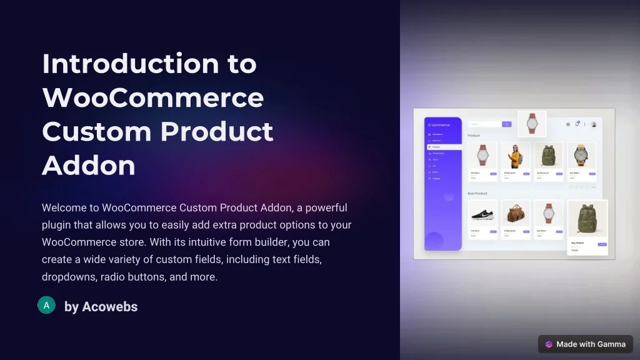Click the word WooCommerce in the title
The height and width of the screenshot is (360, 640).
coord(152,98)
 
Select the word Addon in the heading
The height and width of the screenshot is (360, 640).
coord(89,166)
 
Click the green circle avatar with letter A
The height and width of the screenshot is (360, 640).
coord(46,305)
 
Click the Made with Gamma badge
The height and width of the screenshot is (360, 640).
coord(585,344)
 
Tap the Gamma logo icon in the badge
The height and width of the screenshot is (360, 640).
coord(549,344)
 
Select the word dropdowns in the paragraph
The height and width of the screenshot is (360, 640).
coord(66,276)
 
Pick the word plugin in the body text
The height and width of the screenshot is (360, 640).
coord(57,225)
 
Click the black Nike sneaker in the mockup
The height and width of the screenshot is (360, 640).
coord(482,214)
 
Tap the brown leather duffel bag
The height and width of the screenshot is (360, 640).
coord(516,214)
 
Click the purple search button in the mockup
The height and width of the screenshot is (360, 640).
coord(507,124)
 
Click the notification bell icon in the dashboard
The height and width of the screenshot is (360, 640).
coord(577,124)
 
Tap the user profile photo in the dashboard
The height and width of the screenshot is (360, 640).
coord(593,124)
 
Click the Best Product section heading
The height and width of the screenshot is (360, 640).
coord(477,193)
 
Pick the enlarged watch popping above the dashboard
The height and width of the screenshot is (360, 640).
coord(532,123)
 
